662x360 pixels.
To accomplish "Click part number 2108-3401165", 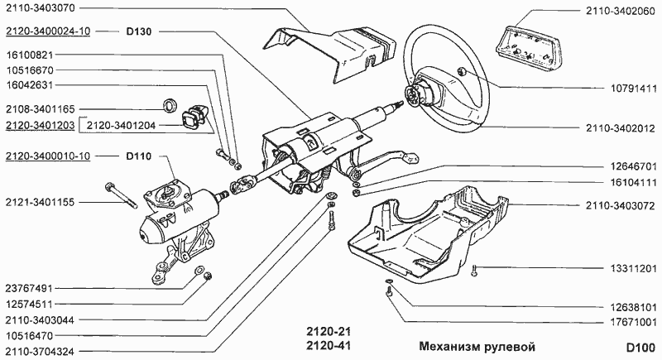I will click(41, 108).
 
